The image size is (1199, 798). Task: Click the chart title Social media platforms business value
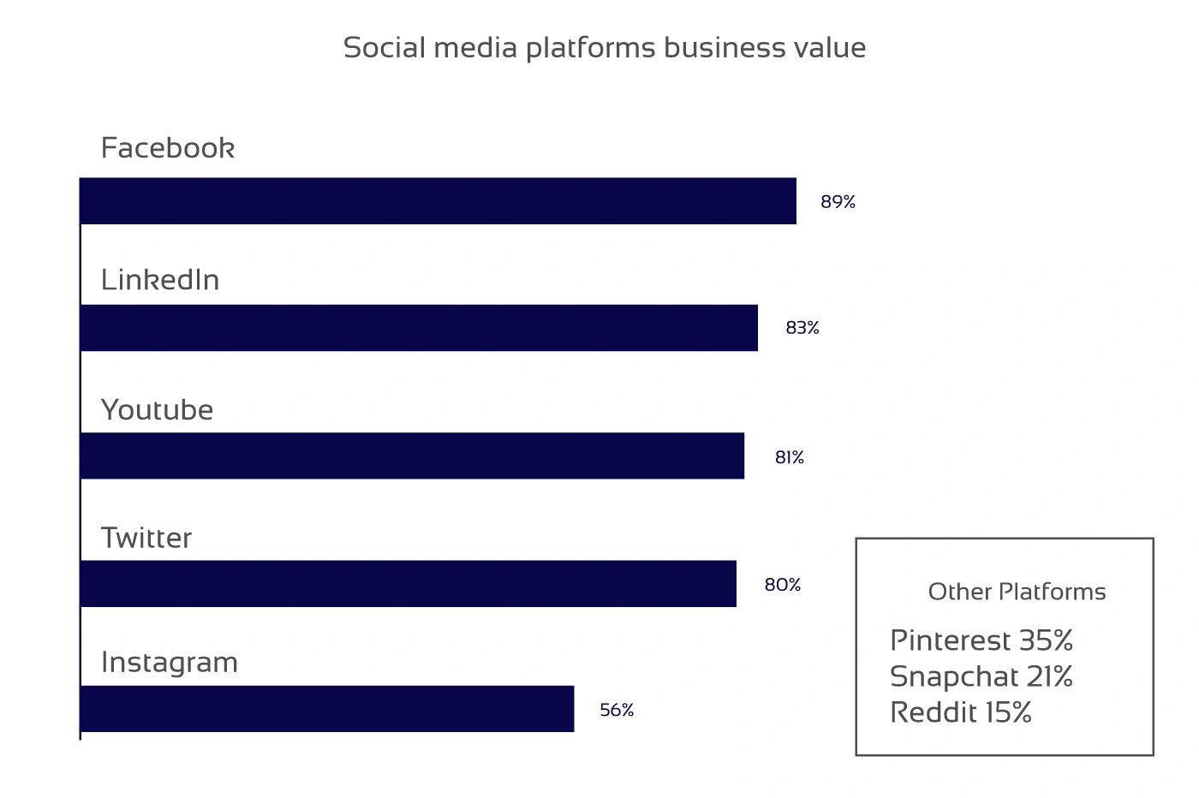(604, 48)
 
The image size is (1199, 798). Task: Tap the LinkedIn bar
(419, 328)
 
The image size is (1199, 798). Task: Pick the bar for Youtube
(412, 456)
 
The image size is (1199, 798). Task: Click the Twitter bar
(409, 584)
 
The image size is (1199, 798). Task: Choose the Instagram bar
(327, 709)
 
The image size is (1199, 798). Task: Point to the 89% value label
(838, 202)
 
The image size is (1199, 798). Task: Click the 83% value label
(802, 328)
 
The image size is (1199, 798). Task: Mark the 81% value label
(790, 458)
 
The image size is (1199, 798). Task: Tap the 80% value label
(783, 585)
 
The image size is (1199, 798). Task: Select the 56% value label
(617, 711)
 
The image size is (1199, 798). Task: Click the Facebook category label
(168, 148)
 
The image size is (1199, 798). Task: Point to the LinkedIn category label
(160, 280)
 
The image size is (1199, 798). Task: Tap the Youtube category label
(158, 410)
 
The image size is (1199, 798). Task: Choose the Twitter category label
(146, 538)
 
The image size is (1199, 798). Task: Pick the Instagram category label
(170, 663)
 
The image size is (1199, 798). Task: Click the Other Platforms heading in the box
(1017, 592)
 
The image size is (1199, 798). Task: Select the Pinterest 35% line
(981, 640)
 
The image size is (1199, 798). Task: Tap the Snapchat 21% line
(981, 676)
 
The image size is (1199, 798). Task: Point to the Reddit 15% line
(961, 712)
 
